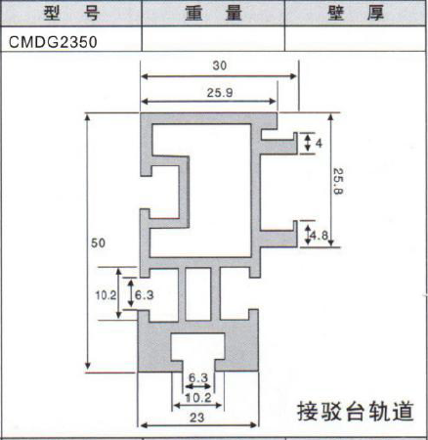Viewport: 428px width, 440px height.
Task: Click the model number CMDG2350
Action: [53, 42]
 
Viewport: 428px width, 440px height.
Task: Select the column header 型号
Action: [71, 14]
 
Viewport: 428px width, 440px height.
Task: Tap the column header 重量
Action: [213, 14]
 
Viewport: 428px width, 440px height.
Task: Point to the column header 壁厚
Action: [356, 14]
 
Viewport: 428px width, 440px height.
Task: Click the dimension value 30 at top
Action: [220, 66]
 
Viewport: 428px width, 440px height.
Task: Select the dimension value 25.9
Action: [220, 93]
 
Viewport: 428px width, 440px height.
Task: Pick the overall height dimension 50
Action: [98, 242]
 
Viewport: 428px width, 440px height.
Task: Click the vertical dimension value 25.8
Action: [338, 181]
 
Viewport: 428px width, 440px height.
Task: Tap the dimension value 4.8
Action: [320, 235]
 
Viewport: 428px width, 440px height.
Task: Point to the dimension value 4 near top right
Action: [319, 143]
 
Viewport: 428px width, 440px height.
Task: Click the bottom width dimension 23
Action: [196, 418]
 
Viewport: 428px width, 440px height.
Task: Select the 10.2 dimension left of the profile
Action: [106, 295]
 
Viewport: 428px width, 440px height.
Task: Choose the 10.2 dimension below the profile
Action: [198, 398]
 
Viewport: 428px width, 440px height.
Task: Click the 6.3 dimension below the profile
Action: [198, 378]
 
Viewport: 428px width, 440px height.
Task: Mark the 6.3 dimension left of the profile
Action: [145, 295]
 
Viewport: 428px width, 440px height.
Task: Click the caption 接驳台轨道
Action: [356, 412]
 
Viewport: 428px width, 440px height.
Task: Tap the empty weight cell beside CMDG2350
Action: [213, 39]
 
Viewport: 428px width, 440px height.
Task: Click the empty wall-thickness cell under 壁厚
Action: [356, 39]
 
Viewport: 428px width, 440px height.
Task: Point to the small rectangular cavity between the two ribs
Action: [198, 294]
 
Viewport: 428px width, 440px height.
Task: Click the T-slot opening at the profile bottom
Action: [198, 352]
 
